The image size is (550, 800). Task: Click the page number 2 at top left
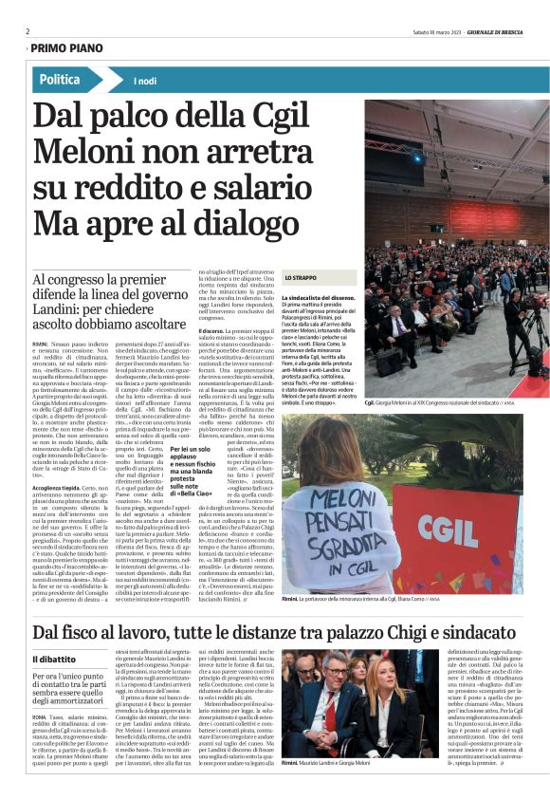pos(28,30)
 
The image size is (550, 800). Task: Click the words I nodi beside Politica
pos(145,82)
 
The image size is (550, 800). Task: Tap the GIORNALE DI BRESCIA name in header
pos(497,30)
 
